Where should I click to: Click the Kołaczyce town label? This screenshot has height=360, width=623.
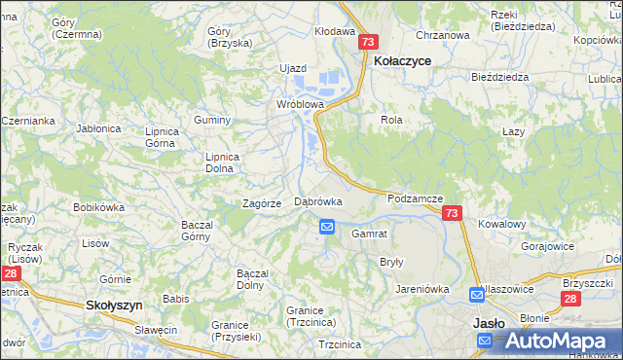pos(402,60)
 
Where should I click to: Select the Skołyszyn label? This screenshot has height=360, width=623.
pos(114,305)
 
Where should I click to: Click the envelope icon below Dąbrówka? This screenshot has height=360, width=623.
pos(327,227)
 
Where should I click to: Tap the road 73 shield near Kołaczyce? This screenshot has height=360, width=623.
pos(367,43)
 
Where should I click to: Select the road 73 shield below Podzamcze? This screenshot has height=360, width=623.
pos(451,213)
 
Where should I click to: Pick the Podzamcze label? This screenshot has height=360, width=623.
pos(415,198)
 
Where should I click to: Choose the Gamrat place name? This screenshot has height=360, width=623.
pos(369,234)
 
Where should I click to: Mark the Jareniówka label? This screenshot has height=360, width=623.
pos(421,289)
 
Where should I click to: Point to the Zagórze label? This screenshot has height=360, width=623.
pos(262,203)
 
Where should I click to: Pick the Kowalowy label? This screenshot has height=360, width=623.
pos(502,224)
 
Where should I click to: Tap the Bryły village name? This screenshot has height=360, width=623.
pos(391,263)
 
